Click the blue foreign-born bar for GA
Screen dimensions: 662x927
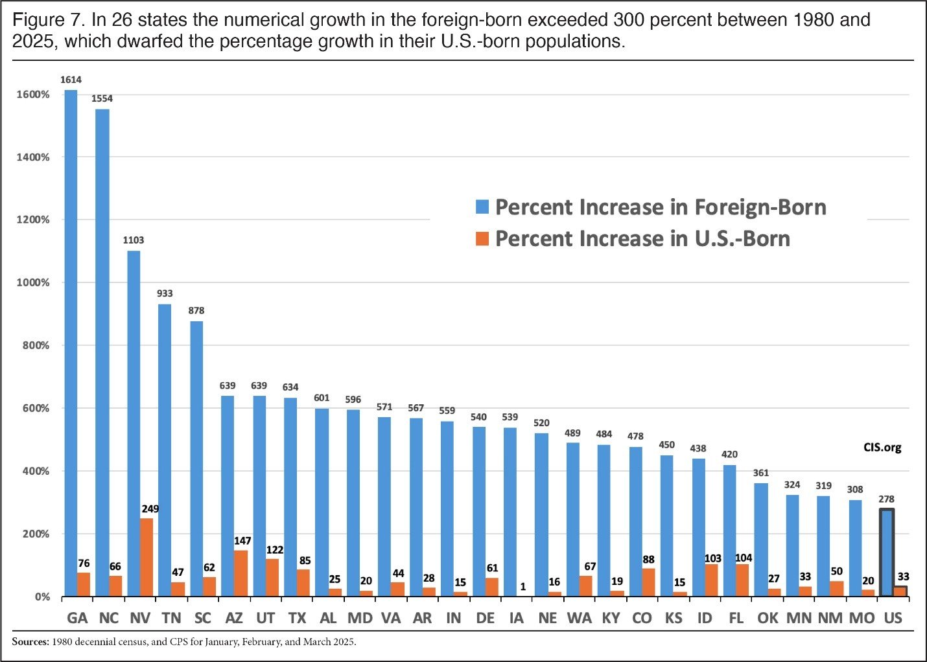click(71, 343)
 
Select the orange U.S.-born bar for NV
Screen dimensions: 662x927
click(147, 557)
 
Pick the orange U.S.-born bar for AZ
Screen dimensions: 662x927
click(241, 573)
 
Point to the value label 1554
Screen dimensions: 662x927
click(102, 98)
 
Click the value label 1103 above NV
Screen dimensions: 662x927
click(134, 240)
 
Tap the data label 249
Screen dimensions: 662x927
click(150, 508)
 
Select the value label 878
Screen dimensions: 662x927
click(196, 310)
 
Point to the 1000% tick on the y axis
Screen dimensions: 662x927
click(32, 282)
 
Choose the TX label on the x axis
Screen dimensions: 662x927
click(297, 618)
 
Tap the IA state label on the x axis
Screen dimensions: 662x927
click(517, 618)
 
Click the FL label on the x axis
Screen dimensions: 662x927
click(736, 618)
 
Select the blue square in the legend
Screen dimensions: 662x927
click(482, 207)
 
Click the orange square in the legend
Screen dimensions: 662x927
click(482, 238)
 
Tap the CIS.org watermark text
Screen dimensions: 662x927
click(882, 448)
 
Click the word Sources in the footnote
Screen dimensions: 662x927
click(30, 643)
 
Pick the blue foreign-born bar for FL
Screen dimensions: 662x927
click(729, 531)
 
